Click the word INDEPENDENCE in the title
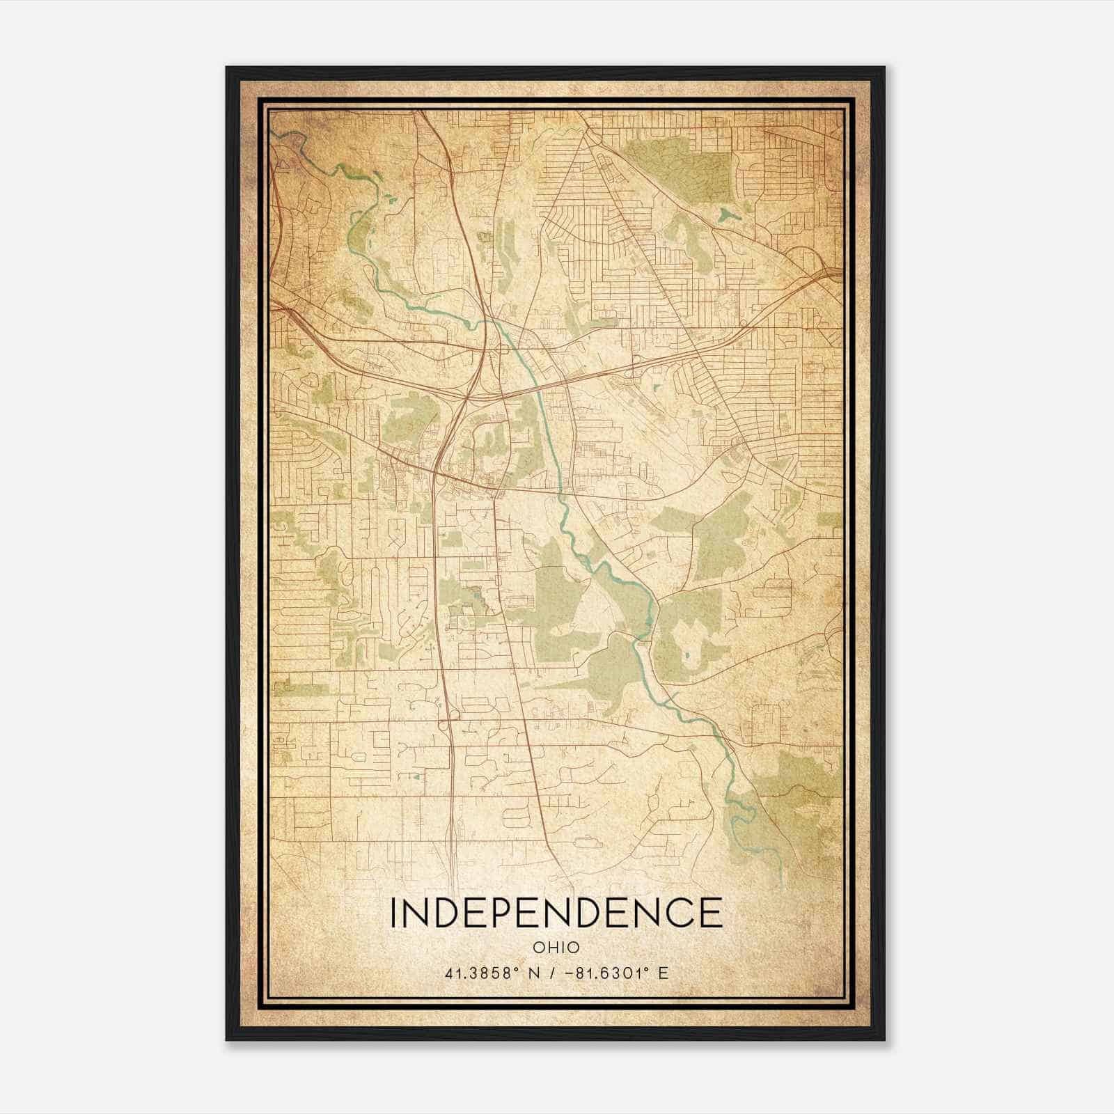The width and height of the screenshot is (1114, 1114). coord(556,913)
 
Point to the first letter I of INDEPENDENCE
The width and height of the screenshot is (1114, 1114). coord(395,913)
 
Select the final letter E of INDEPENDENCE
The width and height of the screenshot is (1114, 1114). coord(711,913)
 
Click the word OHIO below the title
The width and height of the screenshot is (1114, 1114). coord(556,947)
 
